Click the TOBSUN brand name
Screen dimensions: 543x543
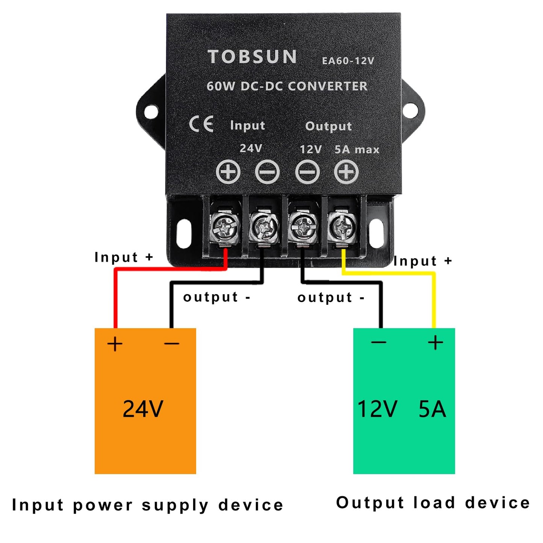(x=252, y=57)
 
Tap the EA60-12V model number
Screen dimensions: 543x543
(x=348, y=61)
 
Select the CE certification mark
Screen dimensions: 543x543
(x=201, y=124)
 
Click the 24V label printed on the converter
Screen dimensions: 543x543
(x=251, y=148)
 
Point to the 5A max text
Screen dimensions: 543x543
(x=357, y=150)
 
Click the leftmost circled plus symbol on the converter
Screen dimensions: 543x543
(x=228, y=172)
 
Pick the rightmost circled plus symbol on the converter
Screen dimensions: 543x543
(x=346, y=172)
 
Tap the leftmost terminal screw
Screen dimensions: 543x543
(x=225, y=227)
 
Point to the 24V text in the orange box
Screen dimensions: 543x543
(x=143, y=409)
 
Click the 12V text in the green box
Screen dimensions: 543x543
(x=377, y=409)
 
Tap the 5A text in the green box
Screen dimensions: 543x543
(x=432, y=409)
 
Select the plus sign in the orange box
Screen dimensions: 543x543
(x=115, y=344)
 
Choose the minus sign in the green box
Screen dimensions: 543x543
(x=378, y=342)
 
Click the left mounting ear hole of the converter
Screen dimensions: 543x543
(x=151, y=112)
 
